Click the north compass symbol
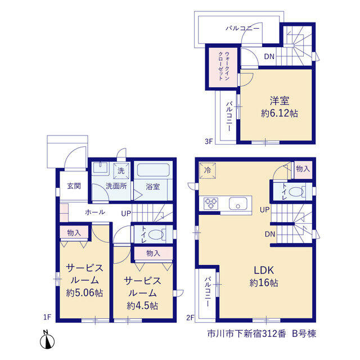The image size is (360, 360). [x=47, y=340]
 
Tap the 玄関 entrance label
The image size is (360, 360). [x=74, y=186]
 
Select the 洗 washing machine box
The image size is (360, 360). [x=121, y=170]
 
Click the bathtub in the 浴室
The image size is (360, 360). [x=153, y=170]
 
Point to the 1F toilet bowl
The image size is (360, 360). [x=156, y=235]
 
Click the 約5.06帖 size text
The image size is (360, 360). [x=84, y=292]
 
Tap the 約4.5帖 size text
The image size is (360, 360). [x=142, y=305]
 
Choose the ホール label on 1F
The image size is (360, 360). [x=95, y=212]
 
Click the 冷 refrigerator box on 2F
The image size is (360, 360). [x=208, y=170]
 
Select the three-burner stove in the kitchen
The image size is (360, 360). [x=211, y=203]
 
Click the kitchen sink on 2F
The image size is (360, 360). [x=238, y=203]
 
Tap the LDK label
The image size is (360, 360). [x=264, y=270]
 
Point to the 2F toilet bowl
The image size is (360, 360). [x=296, y=191]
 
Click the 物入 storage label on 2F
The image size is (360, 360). [x=303, y=169]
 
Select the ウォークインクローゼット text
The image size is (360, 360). [x=224, y=66]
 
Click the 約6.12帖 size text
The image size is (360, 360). [x=280, y=113]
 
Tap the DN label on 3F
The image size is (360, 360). [x=269, y=56]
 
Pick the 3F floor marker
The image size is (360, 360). [x=209, y=141]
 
